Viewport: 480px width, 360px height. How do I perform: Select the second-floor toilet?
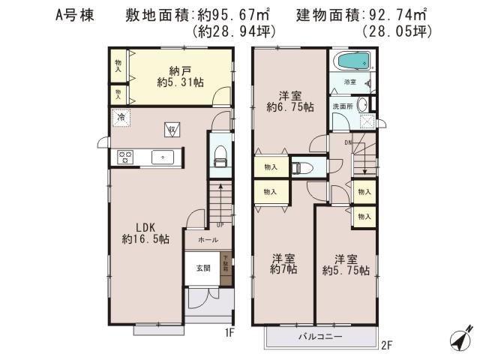pos(299,166)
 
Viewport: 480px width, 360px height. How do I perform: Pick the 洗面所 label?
pos(342,106)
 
